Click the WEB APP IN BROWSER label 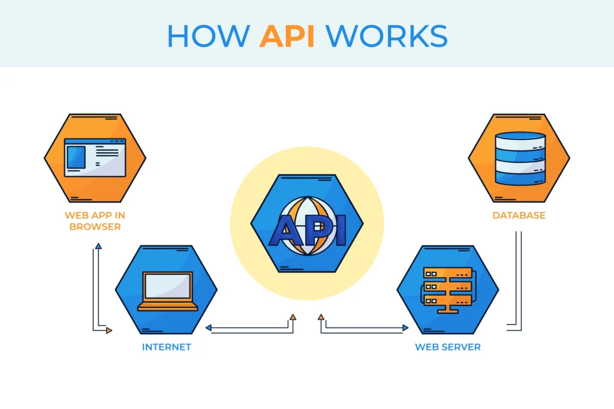tap(95, 221)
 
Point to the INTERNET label tap(166, 347)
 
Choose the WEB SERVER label tap(447, 347)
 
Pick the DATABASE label tap(519, 215)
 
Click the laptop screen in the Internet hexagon tap(167, 286)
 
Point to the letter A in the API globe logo tap(282, 232)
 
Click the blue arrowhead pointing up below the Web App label tap(98, 246)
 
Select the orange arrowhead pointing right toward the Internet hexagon tap(109, 330)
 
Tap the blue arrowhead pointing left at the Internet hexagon tap(208, 328)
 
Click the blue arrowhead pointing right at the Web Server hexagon tap(405, 328)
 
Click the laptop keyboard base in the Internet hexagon tap(167, 307)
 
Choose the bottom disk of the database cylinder tap(520, 176)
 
